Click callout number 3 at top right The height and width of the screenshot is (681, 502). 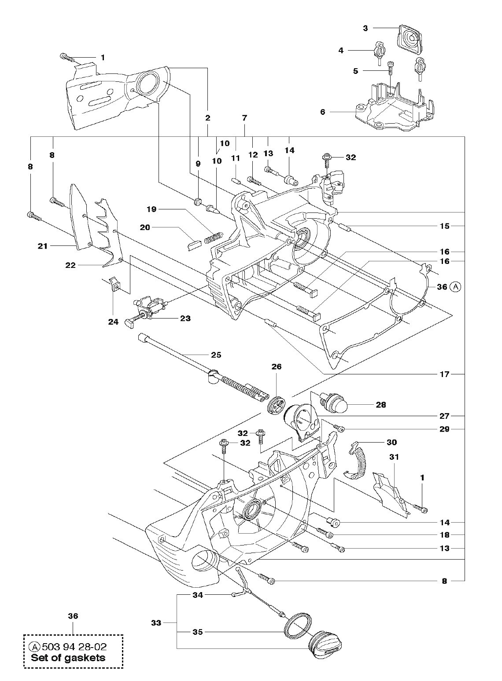pyautogui.click(x=365, y=28)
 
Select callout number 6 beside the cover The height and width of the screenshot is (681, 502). pyautogui.click(x=323, y=112)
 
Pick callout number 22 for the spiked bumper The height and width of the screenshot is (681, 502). pyautogui.click(x=70, y=265)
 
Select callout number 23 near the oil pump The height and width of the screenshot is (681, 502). pyautogui.click(x=185, y=319)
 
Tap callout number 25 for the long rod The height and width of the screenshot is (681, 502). pyautogui.click(x=216, y=355)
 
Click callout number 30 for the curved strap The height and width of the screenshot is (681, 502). pyautogui.click(x=391, y=442)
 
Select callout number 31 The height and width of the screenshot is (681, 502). pyautogui.click(x=394, y=465)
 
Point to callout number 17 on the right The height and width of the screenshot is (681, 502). pyautogui.click(x=445, y=374)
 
